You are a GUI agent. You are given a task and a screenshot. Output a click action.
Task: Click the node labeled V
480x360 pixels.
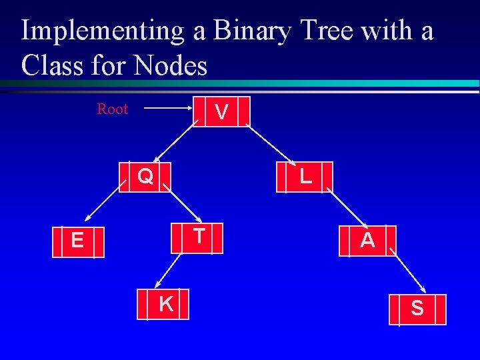tap(222, 111)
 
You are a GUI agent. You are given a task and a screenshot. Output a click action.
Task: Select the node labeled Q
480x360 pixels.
tap(145, 177)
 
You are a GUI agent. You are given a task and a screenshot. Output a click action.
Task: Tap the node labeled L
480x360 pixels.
tap(305, 177)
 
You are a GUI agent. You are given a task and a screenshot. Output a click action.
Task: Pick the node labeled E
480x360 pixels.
tap(79, 241)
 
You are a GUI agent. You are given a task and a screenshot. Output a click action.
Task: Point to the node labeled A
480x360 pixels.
tap(367, 241)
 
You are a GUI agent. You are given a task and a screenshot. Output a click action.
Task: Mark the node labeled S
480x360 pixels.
tap(417, 309)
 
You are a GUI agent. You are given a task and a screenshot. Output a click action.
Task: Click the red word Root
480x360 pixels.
tap(112, 109)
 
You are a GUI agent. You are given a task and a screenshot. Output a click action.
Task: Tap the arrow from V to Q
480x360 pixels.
tap(175, 143)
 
